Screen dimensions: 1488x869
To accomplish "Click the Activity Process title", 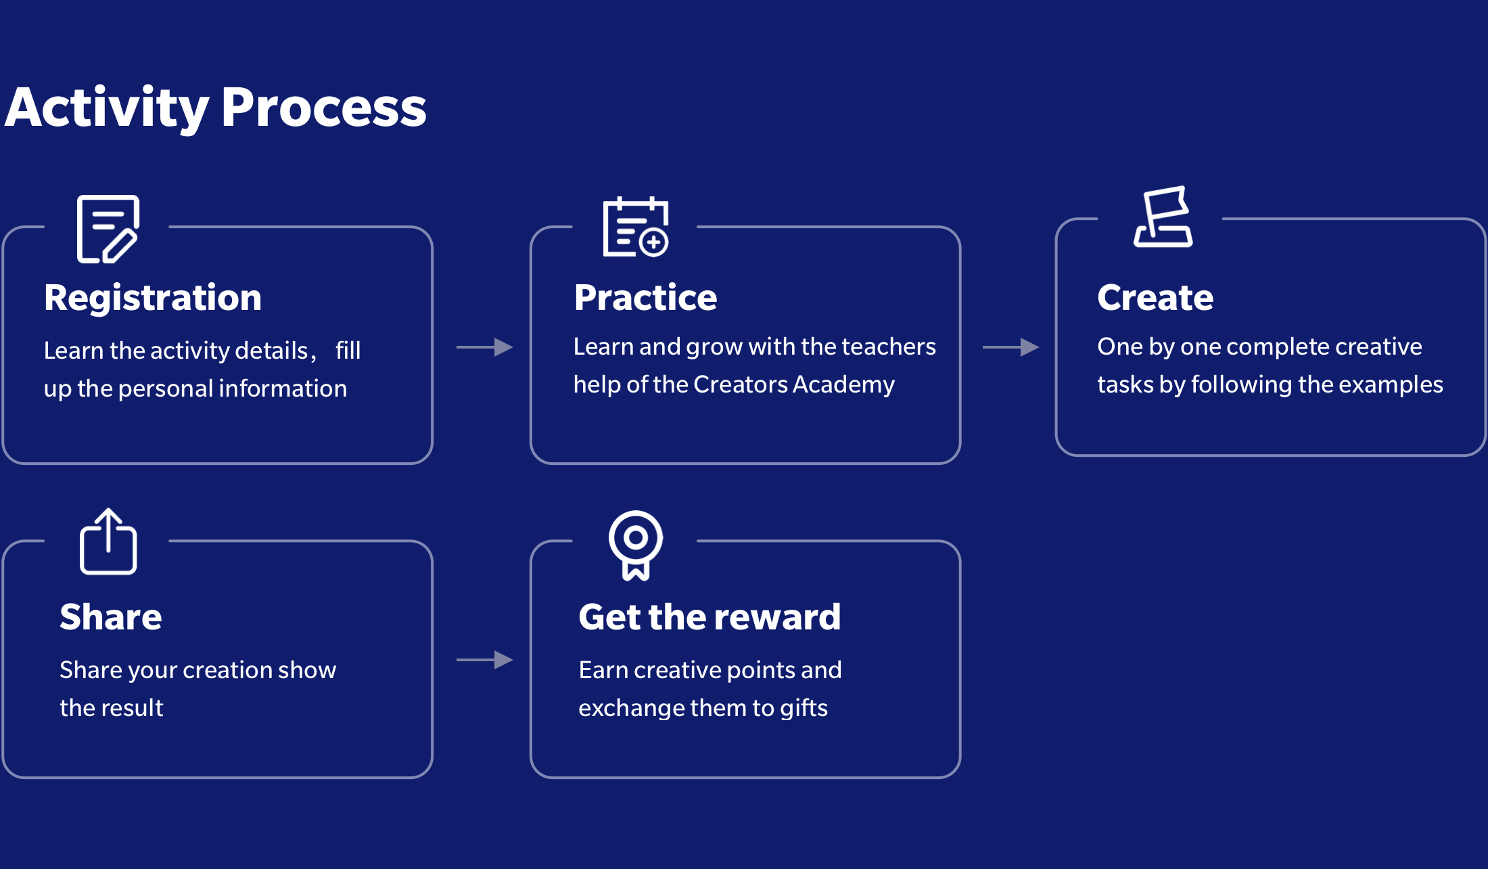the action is coord(216,108).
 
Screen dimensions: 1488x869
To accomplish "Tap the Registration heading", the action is coord(153,298).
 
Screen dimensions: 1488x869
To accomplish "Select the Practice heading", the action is coord(645,298).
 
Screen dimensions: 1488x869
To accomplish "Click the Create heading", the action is coord(1155,298).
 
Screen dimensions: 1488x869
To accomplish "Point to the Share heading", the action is coord(111,617).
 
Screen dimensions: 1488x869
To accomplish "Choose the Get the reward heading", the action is coord(710,617).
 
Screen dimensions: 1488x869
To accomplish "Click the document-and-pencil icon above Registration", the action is coord(108,229).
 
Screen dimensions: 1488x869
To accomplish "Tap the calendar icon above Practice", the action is coord(636,227).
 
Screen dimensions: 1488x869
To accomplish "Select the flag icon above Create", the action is coord(1163,217).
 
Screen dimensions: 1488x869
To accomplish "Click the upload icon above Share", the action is coord(108,541).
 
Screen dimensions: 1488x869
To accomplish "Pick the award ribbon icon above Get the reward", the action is coord(636,545).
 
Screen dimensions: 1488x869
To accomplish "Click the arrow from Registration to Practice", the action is coord(484,347).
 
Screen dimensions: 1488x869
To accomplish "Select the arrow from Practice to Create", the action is coord(1010,347).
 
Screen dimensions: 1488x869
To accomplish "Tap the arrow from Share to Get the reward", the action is coord(484,660).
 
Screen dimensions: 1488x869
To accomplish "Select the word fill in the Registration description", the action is coord(348,350).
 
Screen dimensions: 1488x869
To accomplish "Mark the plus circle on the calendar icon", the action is coord(653,242).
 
